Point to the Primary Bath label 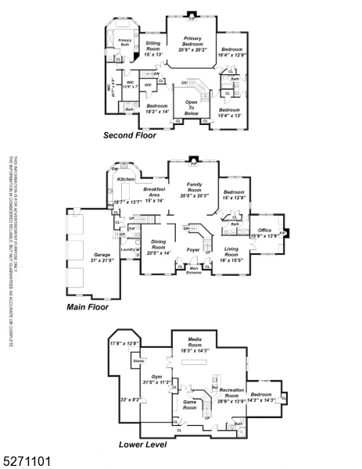(125, 41)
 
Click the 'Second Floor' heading (129, 135)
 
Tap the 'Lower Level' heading (142, 445)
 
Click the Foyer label (192, 250)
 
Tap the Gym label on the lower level (156, 376)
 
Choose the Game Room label (189, 405)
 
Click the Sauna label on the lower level (138, 362)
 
